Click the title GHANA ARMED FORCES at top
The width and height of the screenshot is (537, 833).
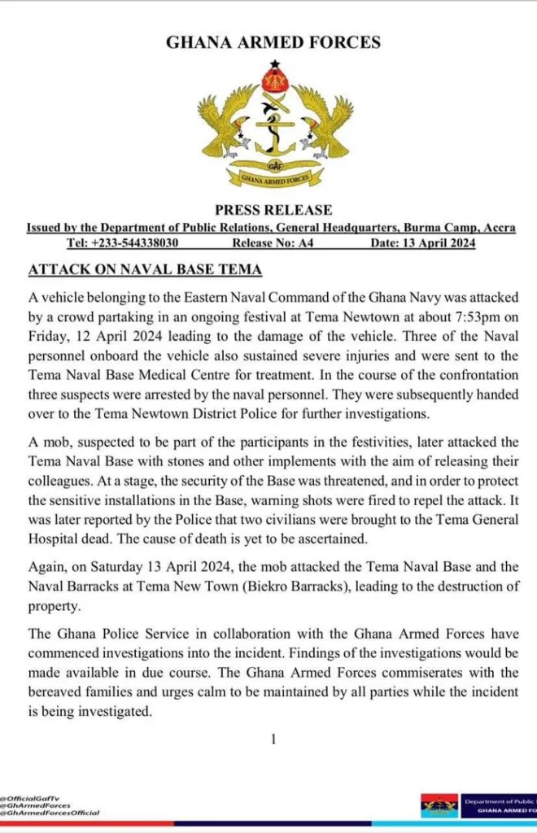pos(273,42)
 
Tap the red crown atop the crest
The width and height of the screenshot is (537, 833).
pos(274,80)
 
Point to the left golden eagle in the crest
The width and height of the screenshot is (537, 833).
pos(226,123)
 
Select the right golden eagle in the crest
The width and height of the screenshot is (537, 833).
pos(324,123)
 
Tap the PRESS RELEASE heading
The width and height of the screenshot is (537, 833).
pos(273,211)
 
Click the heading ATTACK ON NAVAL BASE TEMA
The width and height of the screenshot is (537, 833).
pos(145,268)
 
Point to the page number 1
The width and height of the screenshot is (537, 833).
pos(273,739)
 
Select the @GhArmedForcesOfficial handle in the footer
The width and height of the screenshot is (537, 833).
pos(50,813)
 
